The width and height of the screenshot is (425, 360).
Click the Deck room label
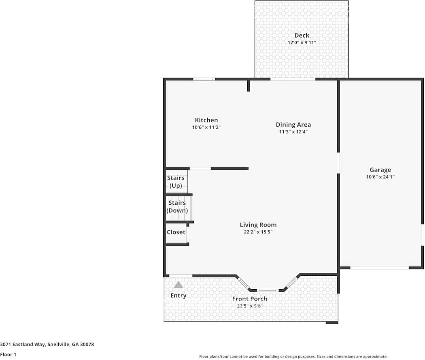(302, 36)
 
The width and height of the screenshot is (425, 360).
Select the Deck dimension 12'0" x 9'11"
(302, 42)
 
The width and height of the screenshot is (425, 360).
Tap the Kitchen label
(206, 120)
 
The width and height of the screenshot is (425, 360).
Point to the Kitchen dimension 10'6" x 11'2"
(206, 127)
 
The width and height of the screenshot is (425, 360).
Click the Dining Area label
(293, 125)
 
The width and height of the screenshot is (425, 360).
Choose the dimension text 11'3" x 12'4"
(293, 131)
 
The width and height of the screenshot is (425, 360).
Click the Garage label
(380, 170)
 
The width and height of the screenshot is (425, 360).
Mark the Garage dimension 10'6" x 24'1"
(380, 177)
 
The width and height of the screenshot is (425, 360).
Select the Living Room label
(258, 225)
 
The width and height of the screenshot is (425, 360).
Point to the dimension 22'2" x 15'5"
(258, 232)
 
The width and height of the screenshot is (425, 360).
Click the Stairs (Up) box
(176, 182)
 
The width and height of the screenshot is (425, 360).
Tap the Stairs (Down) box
(177, 207)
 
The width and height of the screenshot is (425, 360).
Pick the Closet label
(176, 232)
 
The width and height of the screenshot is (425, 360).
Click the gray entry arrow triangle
(178, 285)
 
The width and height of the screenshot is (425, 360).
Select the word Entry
(178, 296)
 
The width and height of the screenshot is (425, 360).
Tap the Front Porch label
(250, 299)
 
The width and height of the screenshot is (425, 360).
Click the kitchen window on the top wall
(204, 79)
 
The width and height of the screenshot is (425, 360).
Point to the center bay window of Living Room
(268, 290)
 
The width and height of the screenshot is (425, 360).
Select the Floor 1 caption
(8, 354)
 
